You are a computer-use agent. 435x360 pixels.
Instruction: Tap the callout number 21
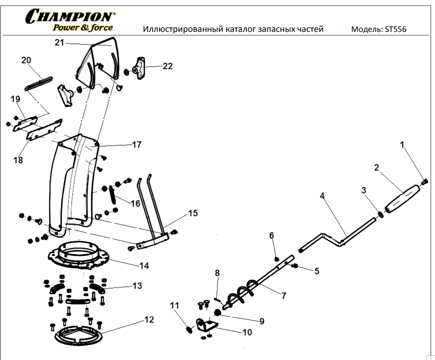pyautogui.click(x=59, y=42)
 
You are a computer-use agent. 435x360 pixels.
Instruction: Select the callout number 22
pyautogui.click(x=168, y=66)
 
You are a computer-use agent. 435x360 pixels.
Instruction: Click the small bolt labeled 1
pyautogui.click(x=424, y=182)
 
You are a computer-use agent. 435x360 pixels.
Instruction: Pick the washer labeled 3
pyautogui.click(x=381, y=214)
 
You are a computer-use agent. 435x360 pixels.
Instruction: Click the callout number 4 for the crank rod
pyautogui.click(x=322, y=196)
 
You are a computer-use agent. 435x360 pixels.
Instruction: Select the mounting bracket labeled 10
pyautogui.click(x=207, y=326)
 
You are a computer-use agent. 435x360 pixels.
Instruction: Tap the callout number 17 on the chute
pyautogui.click(x=136, y=145)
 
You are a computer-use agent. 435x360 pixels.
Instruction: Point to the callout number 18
pyautogui.click(x=18, y=160)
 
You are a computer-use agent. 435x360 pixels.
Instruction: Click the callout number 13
pyautogui.click(x=137, y=286)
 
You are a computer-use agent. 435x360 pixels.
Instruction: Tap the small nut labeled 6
pyautogui.click(x=277, y=258)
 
